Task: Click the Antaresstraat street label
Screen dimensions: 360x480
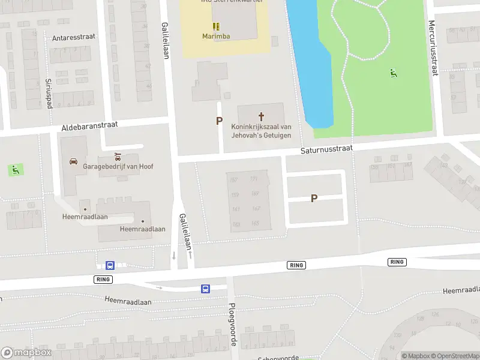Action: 74,37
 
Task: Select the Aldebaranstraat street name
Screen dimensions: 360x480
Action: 90,126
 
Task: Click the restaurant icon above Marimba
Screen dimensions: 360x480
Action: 215,26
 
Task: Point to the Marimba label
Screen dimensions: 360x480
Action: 215,35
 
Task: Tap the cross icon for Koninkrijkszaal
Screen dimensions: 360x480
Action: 261,116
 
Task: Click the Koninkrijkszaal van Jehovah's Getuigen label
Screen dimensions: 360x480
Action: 261,131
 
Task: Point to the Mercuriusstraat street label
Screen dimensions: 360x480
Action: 432,48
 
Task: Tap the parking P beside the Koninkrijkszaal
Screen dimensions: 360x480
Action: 220,121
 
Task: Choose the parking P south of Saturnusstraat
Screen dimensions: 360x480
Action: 314,199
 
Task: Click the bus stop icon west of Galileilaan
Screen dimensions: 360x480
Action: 110,265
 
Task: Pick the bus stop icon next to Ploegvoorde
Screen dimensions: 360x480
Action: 205,289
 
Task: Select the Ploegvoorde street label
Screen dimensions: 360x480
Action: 232,324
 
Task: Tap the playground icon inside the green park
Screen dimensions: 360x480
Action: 394,74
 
